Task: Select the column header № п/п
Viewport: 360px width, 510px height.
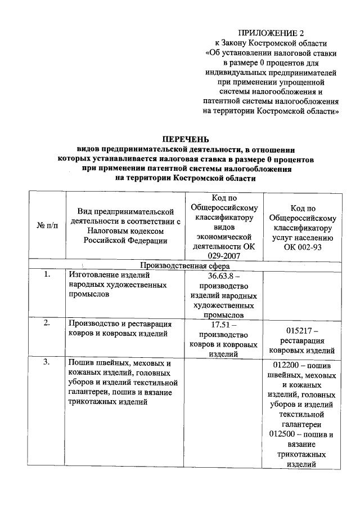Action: point(47,225)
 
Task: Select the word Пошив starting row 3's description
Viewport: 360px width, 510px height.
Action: point(80,362)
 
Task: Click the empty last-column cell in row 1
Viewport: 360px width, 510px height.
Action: point(303,294)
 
